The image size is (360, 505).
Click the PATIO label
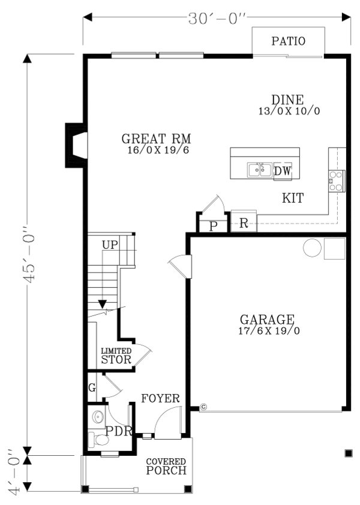coord(288,41)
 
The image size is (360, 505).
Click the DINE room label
coord(289,100)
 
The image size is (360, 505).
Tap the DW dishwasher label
coord(283,172)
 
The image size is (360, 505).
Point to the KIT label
coord(293,198)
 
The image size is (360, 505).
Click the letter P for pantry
coord(213,226)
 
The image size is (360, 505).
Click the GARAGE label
coord(267,320)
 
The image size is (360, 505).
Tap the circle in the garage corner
coord(312,248)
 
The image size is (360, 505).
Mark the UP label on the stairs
coord(110,245)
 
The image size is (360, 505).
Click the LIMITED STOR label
coord(116,356)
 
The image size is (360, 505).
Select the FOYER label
coord(160,398)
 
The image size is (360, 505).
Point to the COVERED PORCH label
coord(166,467)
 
